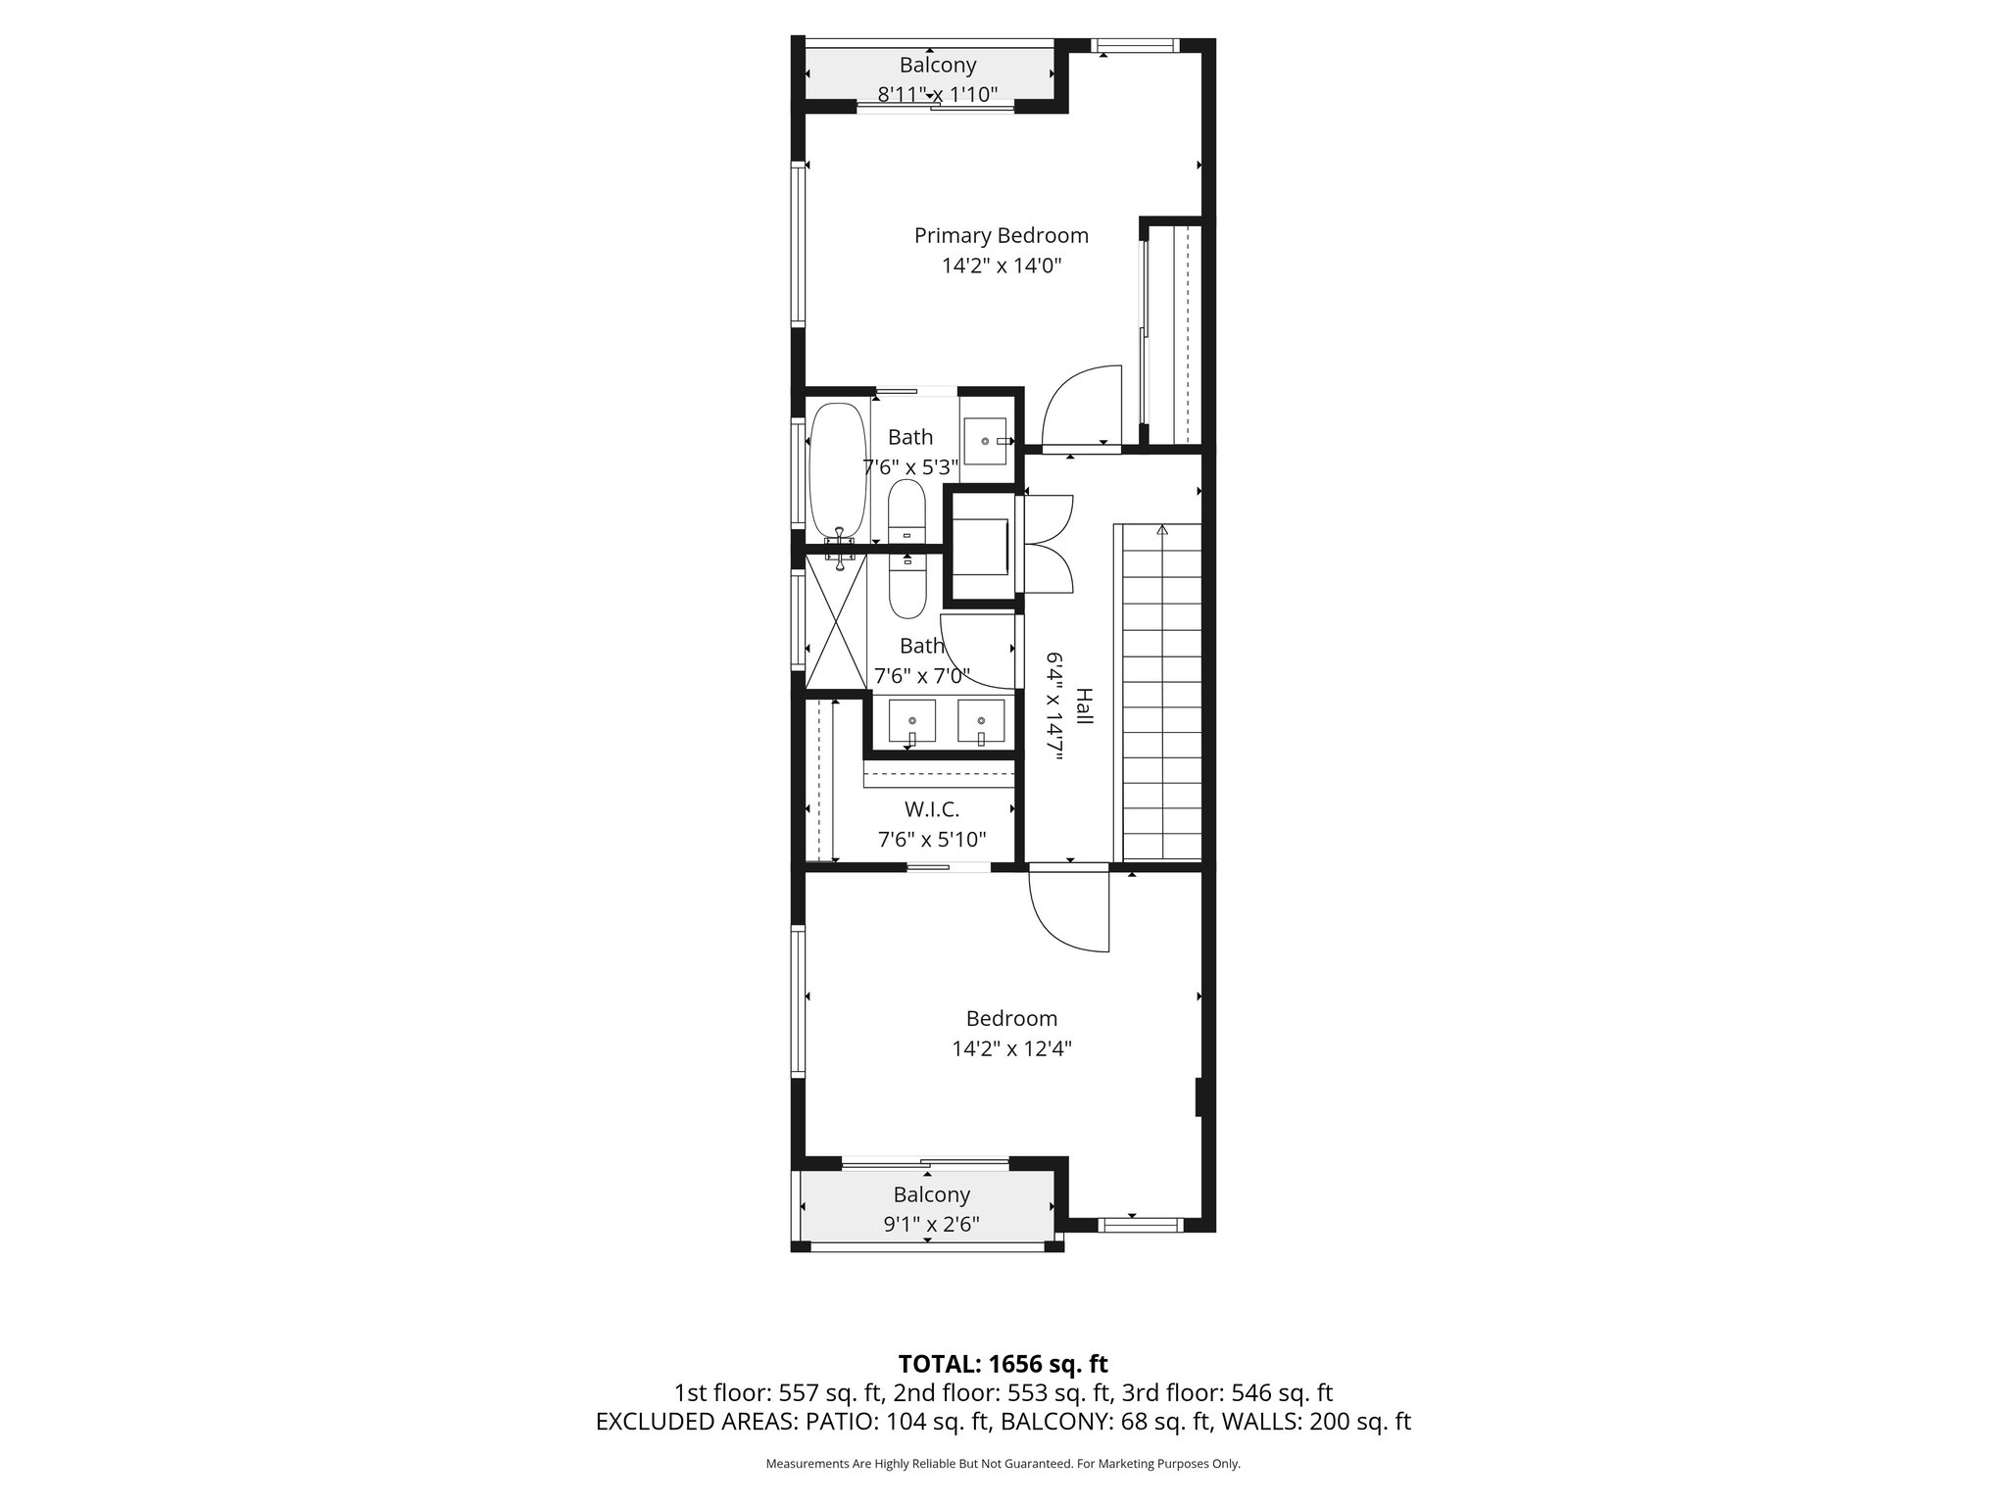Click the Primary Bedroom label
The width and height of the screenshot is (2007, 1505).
[1001, 235]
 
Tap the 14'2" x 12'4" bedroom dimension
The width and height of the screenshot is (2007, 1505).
[1011, 1048]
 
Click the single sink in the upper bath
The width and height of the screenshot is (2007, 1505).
[985, 441]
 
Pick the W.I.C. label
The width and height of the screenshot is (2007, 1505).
[931, 809]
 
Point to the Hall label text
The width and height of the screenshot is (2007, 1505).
[1084, 705]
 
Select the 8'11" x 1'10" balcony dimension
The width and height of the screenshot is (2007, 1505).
[938, 94]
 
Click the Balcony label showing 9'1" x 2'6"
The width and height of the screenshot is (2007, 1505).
[931, 1194]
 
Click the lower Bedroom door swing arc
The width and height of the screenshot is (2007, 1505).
[1068, 911]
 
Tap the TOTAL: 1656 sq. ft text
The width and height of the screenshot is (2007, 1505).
[1003, 1364]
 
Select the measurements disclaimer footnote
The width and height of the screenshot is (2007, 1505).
[1003, 1464]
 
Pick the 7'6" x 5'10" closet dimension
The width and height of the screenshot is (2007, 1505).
[931, 840]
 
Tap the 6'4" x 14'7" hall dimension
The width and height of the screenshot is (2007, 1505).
[1054, 705]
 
